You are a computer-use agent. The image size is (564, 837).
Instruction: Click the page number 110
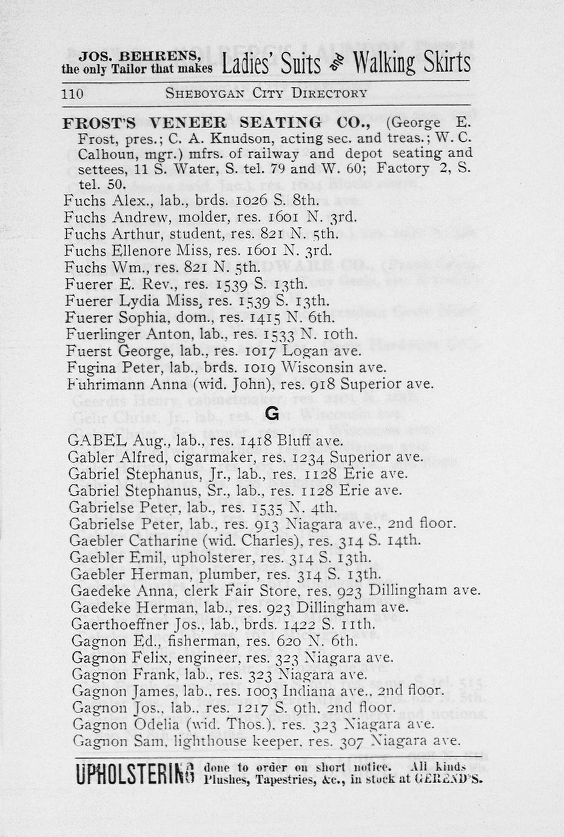tap(72, 93)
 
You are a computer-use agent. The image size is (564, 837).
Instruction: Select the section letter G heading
tap(272, 414)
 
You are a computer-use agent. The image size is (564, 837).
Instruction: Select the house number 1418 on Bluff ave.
tap(253, 441)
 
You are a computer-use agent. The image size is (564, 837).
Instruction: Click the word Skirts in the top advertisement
tap(434, 64)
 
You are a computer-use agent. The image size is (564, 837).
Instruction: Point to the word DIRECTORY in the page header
tap(329, 93)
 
